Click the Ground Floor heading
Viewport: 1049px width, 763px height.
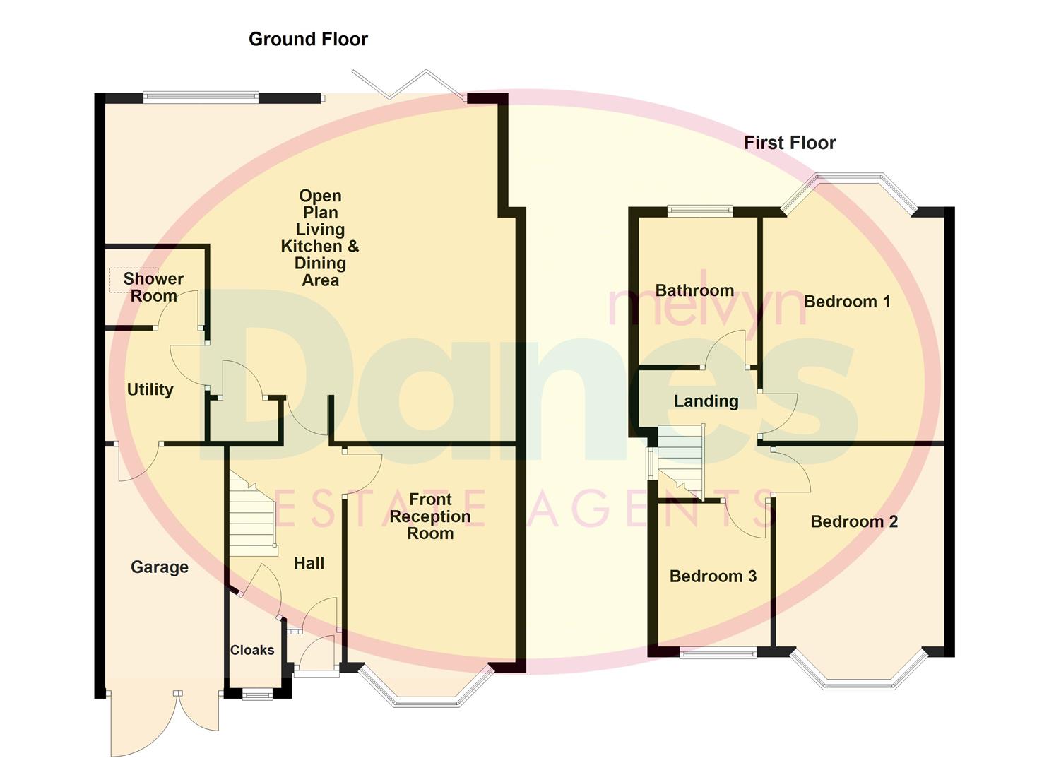[x=308, y=39]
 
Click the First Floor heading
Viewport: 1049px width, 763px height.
[x=789, y=143]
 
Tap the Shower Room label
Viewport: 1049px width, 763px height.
[x=153, y=288]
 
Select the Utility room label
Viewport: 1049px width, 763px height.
[x=150, y=389]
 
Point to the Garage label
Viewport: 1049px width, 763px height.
[x=160, y=567]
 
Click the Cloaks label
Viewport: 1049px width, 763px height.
[x=252, y=650]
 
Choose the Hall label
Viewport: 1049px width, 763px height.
[x=309, y=563]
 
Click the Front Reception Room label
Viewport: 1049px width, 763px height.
[x=429, y=516]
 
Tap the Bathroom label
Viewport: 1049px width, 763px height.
[x=694, y=290]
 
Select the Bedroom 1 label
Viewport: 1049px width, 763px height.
[x=847, y=302]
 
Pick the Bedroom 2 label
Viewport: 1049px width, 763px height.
[x=854, y=522]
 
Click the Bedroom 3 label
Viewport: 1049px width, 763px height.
[x=713, y=576]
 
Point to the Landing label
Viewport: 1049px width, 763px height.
[x=706, y=401]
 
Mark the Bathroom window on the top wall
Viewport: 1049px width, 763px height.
[x=700, y=209]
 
